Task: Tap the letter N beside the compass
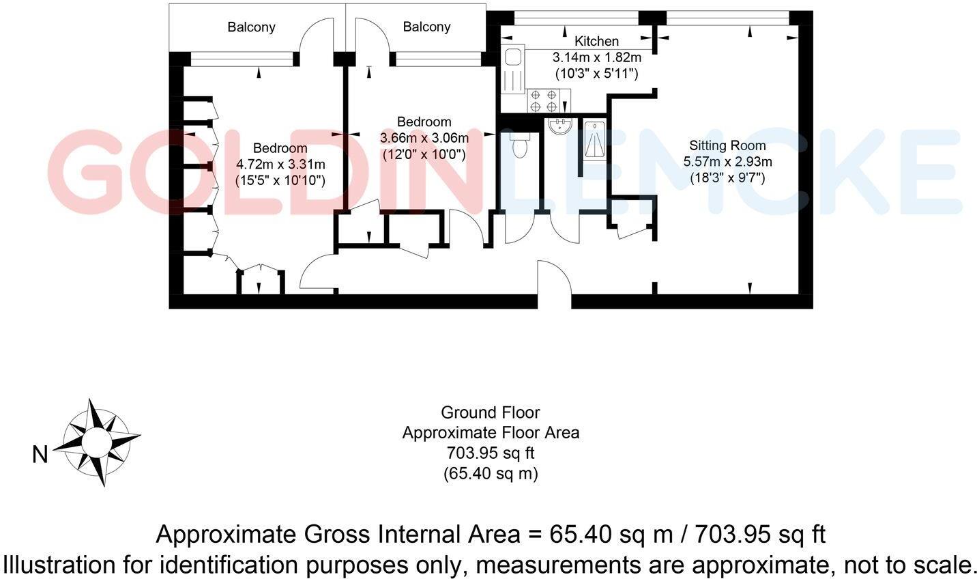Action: [40, 454]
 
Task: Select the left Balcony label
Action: [251, 27]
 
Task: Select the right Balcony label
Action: [426, 27]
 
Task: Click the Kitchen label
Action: [596, 42]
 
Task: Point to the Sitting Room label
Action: [727, 145]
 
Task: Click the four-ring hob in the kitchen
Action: [544, 102]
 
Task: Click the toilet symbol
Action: [520, 145]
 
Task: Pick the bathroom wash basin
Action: [561, 126]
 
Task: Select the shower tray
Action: [594, 139]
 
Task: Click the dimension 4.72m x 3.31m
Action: [280, 165]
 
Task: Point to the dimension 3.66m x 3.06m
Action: [424, 138]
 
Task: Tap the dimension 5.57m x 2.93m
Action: [727, 162]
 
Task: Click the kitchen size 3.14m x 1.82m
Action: [596, 57]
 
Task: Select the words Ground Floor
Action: [490, 412]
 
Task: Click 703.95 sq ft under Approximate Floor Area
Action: [491, 453]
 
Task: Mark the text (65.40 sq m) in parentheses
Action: [491, 472]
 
